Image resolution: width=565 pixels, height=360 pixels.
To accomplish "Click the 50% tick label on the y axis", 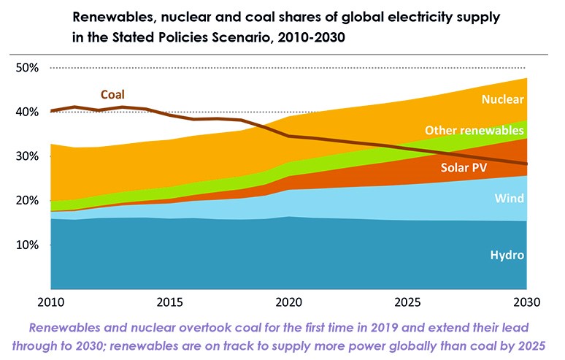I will (x=28, y=68).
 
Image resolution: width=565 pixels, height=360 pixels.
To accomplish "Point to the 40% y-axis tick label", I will (x=28, y=112).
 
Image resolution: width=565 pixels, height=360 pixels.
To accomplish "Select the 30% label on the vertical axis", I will (x=28, y=156).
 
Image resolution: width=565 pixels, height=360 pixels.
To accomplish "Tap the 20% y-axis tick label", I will (x=28, y=200).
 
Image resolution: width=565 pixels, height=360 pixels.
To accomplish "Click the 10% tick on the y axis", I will (x=28, y=245).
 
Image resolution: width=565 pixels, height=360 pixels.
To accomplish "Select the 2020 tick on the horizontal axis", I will (x=289, y=301).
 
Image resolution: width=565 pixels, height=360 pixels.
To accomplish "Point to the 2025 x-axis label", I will (x=408, y=301).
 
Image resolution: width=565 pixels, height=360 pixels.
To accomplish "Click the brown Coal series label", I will (x=112, y=94).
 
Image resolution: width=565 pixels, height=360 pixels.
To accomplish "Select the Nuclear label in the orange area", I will (x=503, y=99).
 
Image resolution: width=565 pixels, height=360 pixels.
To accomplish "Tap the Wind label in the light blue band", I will (x=510, y=198).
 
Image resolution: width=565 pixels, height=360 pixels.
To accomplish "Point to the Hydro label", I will (x=507, y=255).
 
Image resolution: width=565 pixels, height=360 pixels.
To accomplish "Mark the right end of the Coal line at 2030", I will (x=526, y=164).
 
